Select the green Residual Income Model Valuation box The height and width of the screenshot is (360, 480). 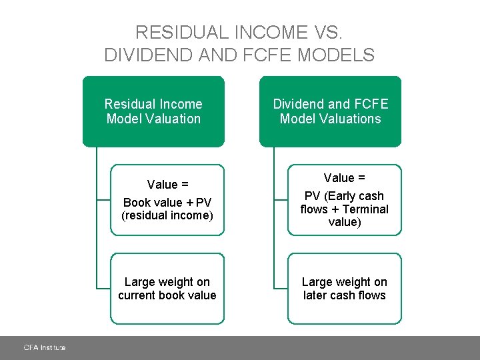(153, 111)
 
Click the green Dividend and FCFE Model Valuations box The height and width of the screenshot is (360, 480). (330, 111)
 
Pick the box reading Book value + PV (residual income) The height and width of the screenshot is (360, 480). (167, 200)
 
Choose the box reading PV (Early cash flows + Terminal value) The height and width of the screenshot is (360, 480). (344, 200)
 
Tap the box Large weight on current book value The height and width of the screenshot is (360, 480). (167, 289)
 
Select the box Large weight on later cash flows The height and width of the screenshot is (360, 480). (344, 289)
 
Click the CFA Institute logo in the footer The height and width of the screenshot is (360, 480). (45, 347)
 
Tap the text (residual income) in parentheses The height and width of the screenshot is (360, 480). (167, 215)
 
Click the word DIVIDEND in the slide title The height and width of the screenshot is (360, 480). (145, 55)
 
